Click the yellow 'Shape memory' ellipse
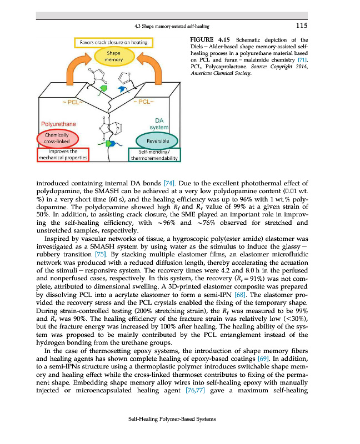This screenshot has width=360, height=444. (x=113, y=57)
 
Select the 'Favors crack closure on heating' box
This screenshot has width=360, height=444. (x=113, y=43)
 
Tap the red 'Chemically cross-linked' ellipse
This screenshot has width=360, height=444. (x=54, y=138)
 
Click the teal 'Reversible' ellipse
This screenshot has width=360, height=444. (x=158, y=141)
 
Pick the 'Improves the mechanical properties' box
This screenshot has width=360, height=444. (x=62, y=154)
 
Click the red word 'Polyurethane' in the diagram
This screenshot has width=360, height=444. (x=58, y=124)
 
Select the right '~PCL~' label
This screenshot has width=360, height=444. (x=144, y=102)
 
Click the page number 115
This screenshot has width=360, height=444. (x=301, y=25)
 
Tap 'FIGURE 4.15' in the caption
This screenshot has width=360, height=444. (x=209, y=40)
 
